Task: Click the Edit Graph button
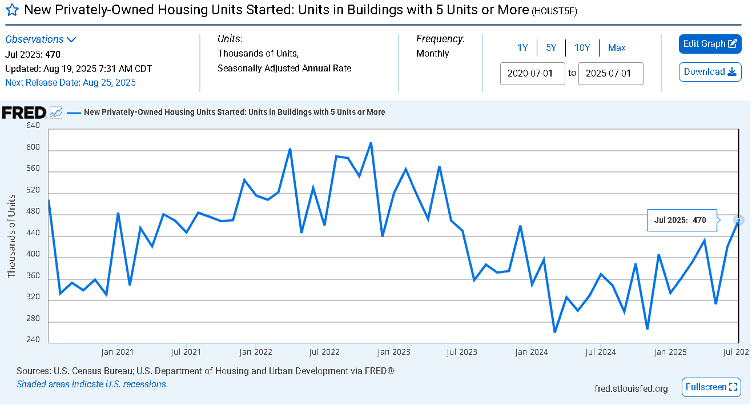pos(710,43)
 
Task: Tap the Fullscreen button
pos(711,387)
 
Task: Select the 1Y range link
pos(522,47)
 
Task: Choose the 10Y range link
pos(582,47)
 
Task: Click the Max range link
pos(617,47)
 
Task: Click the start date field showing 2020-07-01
pos(532,74)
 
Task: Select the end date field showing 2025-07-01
pos(610,74)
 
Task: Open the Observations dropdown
pos(41,39)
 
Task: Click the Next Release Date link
pos(70,83)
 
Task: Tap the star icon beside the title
pos(12,10)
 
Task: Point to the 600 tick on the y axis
pos(33,147)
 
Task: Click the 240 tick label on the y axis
pos(33,339)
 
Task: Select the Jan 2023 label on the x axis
pos(394,352)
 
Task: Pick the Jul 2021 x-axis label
pos(186,352)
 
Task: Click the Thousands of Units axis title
pos(11,236)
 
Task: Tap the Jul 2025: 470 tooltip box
pos(682,220)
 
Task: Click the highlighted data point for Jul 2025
pos(738,220)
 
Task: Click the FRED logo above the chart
pos(24,113)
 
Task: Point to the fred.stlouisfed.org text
pos(631,388)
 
